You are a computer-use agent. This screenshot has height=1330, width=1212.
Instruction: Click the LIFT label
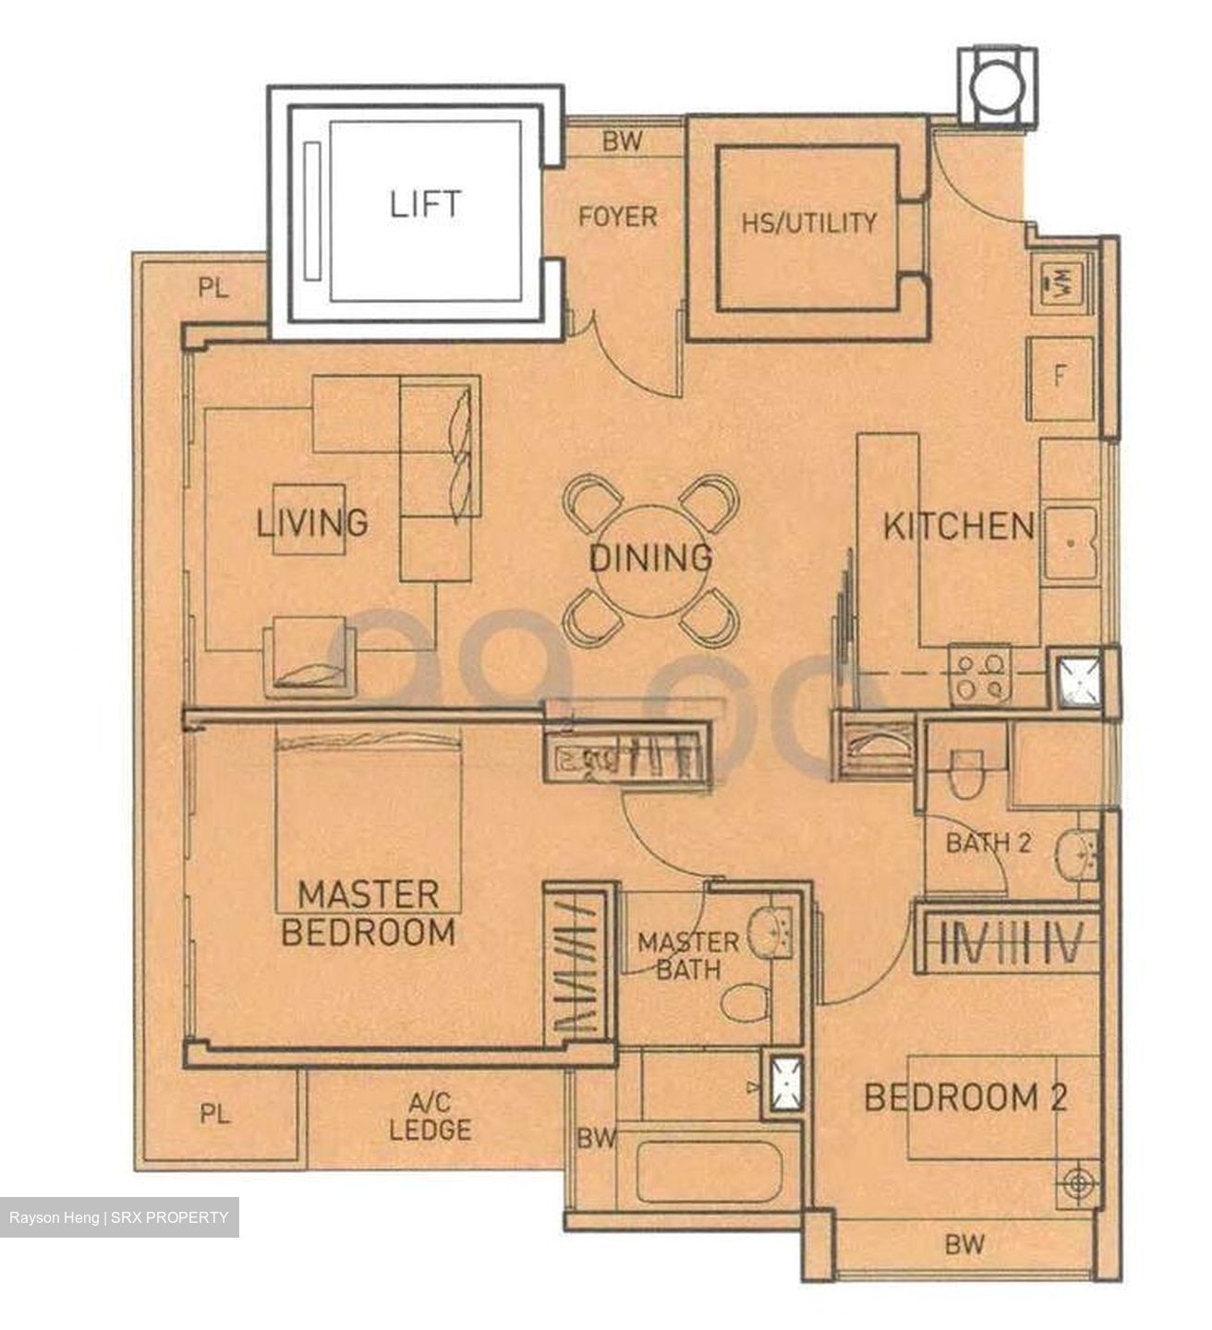[x=425, y=203]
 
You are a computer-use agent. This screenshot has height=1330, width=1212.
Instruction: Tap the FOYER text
[x=617, y=217]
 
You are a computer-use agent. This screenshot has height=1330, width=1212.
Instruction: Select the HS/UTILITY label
[x=808, y=223]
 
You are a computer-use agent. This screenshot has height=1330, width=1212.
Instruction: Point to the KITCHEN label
[x=958, y=526]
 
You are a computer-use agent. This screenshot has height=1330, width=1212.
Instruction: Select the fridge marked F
[x=1060, y=377]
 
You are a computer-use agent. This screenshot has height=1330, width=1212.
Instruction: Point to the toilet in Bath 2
[x=966, y=774]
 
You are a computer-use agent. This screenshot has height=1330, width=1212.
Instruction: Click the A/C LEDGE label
[x=430, y=1116]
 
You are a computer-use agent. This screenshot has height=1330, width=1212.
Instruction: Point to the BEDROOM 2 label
[x=965, y=1097]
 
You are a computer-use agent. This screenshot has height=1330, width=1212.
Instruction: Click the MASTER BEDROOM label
[x=368, y=913]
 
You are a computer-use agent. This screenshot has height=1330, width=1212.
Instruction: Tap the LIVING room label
[x=311, y=523]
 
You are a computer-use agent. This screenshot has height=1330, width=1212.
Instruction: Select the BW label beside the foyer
[x=622, y=141]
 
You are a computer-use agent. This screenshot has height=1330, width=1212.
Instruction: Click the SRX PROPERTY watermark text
[x=170, y=1217]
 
